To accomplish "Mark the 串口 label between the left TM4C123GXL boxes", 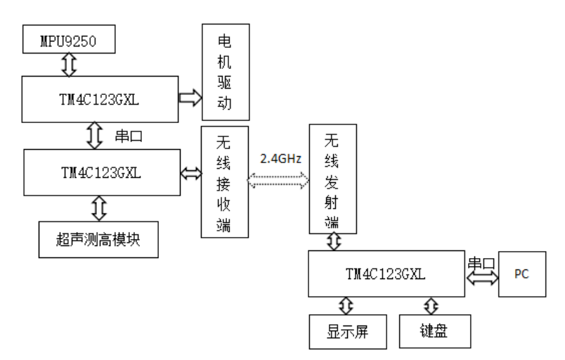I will coord(129,136).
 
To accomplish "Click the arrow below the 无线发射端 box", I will coord(334,242).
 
